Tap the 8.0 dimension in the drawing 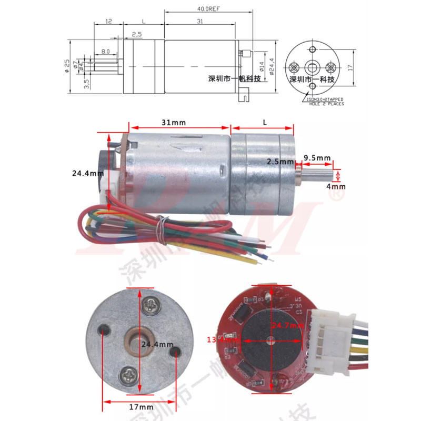click(x=106, y=52)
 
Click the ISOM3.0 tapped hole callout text click(x=323, y=101)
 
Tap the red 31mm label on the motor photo click(x=173, y=122)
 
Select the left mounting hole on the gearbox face click(x=104, y=329)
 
